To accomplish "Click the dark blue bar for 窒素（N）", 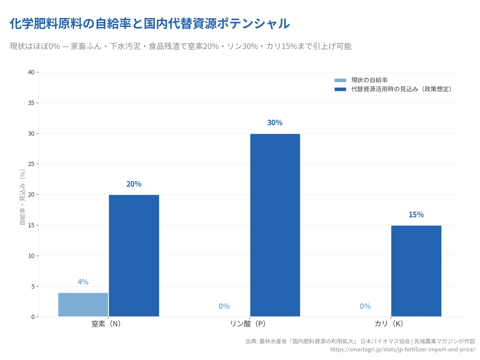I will tap(134, 256).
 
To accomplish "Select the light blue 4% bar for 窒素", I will tap(83, 305).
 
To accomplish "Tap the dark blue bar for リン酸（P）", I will tap(275, 225).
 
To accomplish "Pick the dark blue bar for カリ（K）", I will tap(416, 271).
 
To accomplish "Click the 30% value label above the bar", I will tap(275, 123).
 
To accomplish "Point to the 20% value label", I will tap(134, 184).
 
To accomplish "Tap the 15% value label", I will tap(416, 215).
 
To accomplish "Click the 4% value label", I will tap(83, 282).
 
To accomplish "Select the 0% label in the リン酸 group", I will tap(224, 306).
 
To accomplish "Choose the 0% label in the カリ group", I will tap(365, 306).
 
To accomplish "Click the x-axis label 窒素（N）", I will tap(106, 324).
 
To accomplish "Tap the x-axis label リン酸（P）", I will tap(248, 324).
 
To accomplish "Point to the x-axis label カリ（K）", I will tap(389, 324).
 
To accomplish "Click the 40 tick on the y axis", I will tap(31, 72).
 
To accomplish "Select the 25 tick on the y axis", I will tap(31, 164).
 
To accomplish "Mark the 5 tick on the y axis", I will tap(33, 286).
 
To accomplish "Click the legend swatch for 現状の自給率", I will tap(340, 80).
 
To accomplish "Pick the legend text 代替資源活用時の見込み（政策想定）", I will tap(402, 89).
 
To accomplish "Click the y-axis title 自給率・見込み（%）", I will tap(23, 197).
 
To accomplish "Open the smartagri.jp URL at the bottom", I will tap(402, 349).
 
